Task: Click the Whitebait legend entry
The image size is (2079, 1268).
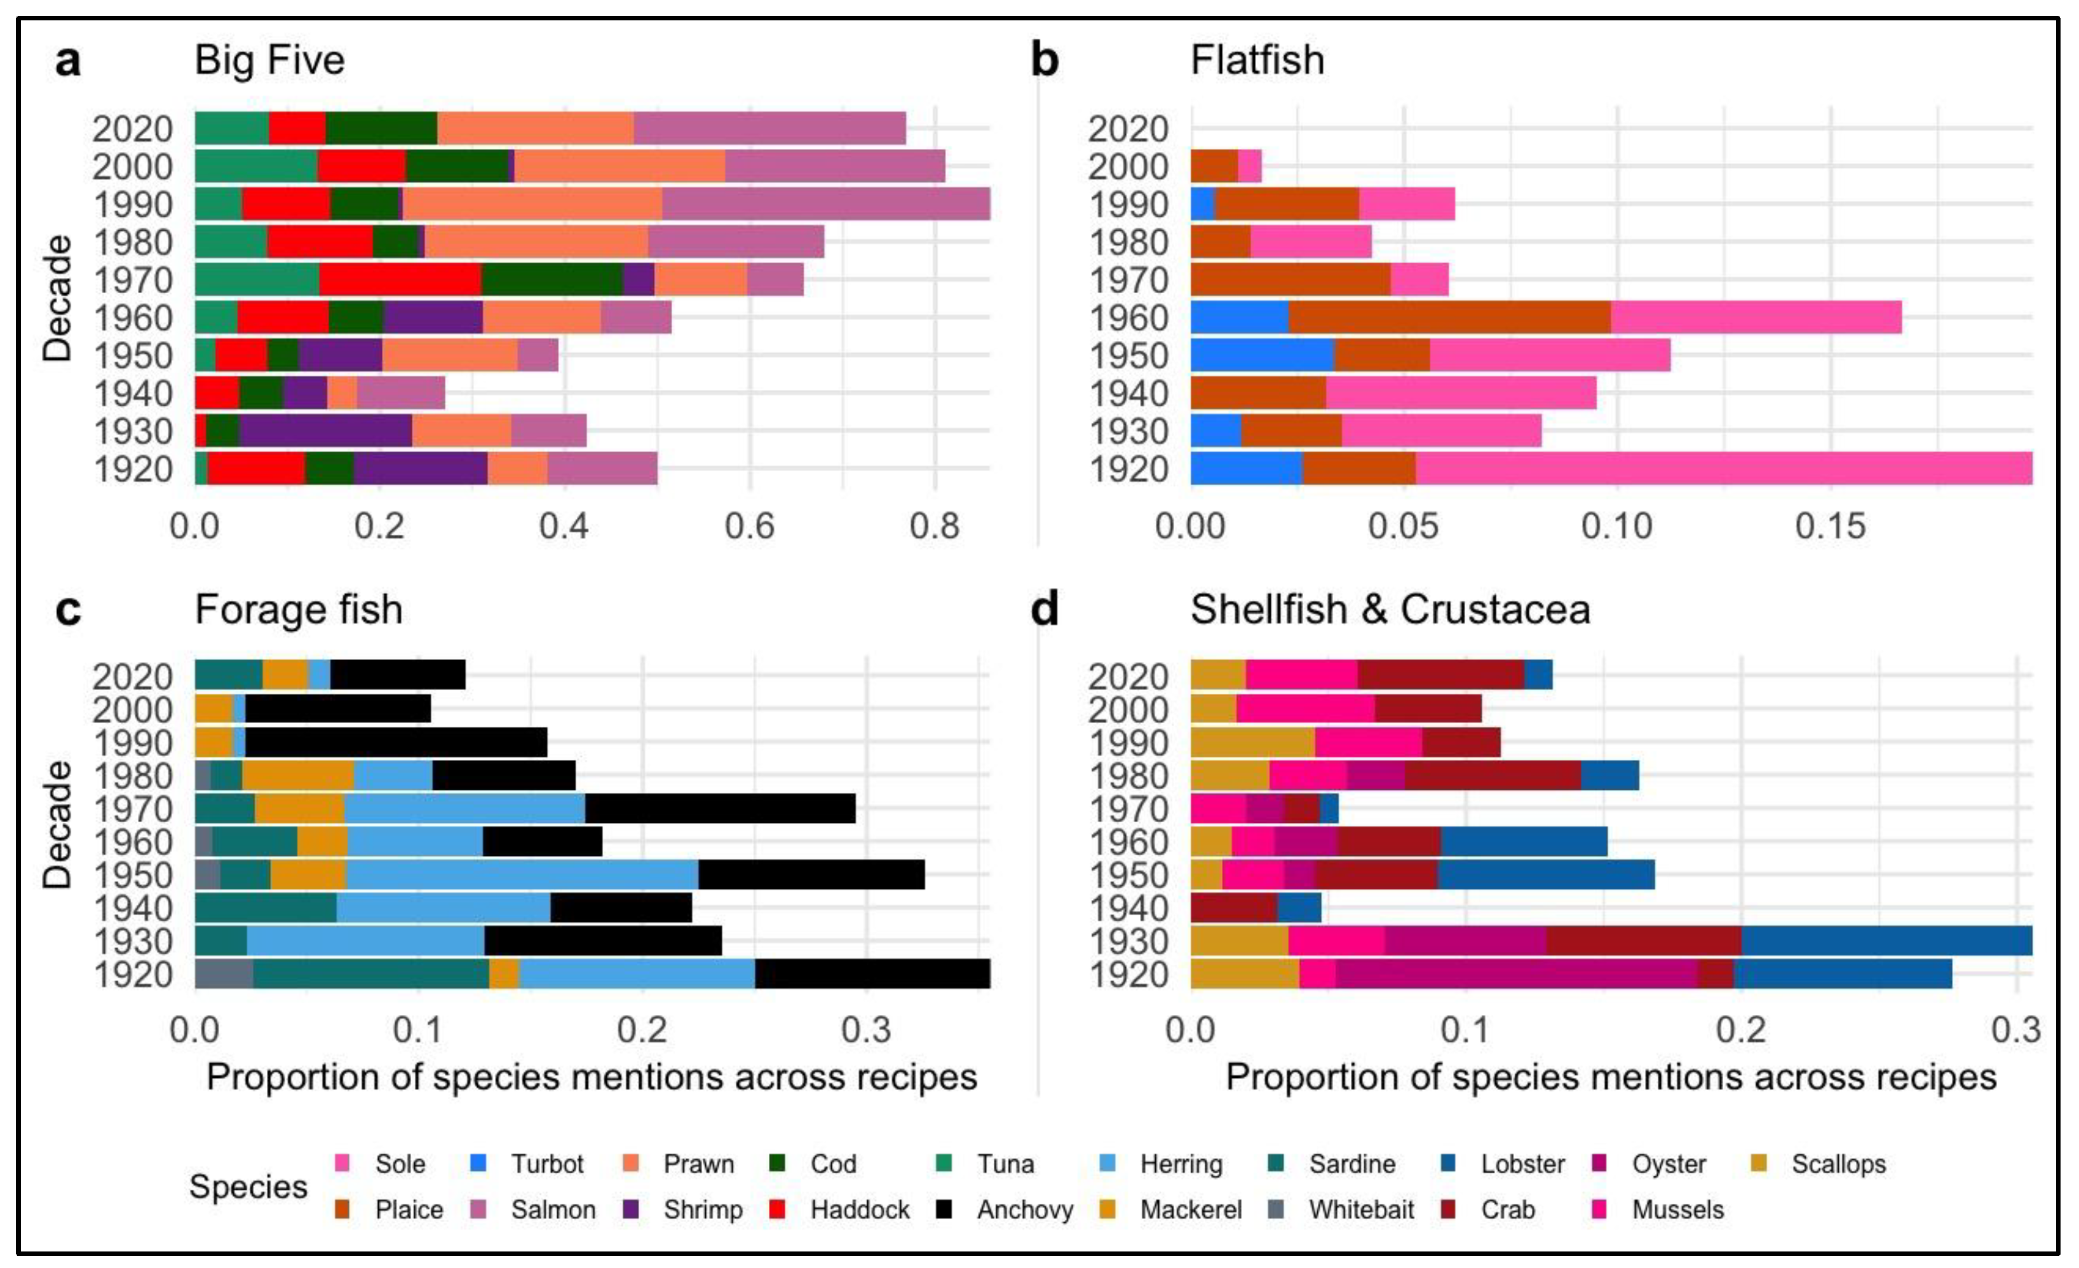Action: [x=1360, y=1209]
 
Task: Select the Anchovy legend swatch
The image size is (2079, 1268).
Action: [x=944, y=1209]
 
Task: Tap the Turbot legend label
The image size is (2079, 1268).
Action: [x=546, y=1164]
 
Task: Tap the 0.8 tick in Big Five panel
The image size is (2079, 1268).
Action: [x=934, y=527]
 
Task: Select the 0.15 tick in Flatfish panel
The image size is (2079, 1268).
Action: [x=1829, y=527]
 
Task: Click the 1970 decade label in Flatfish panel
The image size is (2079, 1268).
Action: [x=1129, y=280]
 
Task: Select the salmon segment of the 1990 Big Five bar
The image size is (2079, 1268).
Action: [x=825, y=204]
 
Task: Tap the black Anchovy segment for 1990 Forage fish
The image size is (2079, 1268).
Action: [x=396, y=743]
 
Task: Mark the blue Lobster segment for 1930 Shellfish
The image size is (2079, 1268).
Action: [x=1886, y=941]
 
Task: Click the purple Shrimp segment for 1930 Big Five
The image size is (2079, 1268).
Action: [x=325, y=431]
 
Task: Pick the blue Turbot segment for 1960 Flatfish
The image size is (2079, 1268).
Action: [x=1238, y=317]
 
